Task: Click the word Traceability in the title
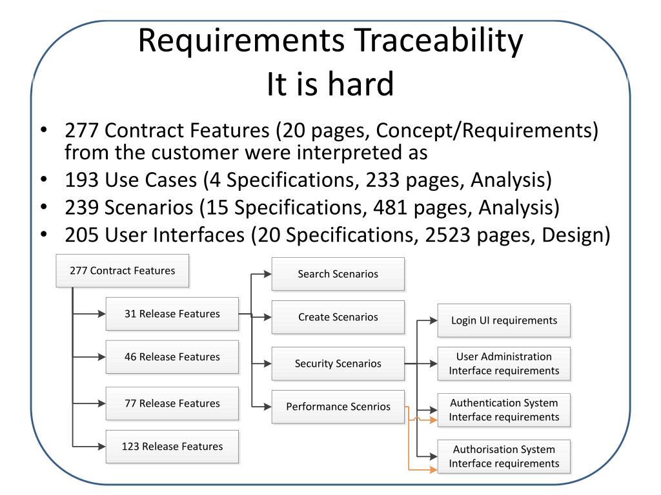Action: coord(438,41)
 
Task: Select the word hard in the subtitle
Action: coord(361,84)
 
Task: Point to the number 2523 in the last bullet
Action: coord(447,235)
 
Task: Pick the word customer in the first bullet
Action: coord(210,152)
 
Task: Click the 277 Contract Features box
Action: coord(122,271)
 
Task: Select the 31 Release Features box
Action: coord(172,314)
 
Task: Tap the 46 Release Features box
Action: coord(172,357)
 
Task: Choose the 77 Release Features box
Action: coord(172,403)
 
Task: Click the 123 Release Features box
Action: coord(172,447)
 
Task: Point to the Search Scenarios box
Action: coord(338,274)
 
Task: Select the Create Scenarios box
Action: coord(338,317)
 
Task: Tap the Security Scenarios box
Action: coord(338,364)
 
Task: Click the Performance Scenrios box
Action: coord(338,407)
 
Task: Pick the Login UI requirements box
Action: coord(504,320)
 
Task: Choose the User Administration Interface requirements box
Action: coord(504,364)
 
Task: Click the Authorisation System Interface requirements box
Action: coord(504,456)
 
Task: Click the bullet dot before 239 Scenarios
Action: coord(44,207)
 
